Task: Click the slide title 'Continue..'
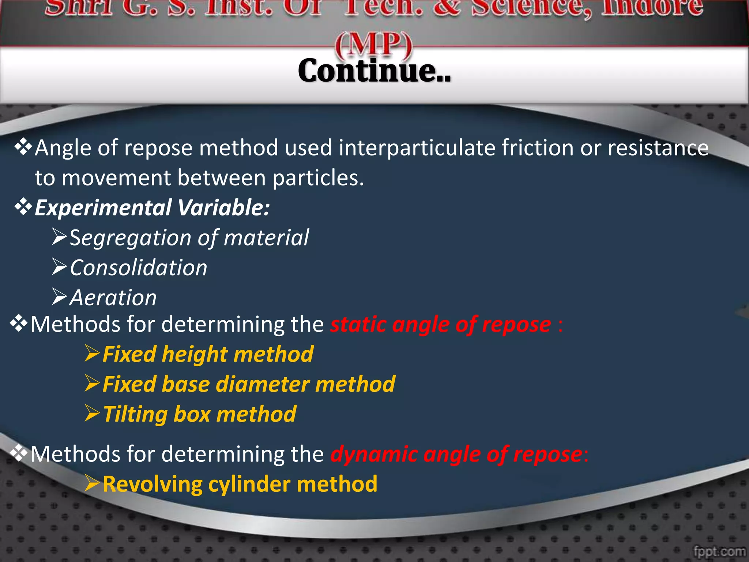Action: (374, 71)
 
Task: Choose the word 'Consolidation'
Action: (139, 268)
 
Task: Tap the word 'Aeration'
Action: (113, 298)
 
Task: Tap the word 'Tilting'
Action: (135, 415)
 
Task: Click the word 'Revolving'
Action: (152, 484)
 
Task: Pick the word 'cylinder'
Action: (249, 484)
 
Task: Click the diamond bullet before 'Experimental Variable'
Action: (23, 207)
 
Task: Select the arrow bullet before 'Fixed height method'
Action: (92, 353)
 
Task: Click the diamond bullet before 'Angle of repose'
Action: (23, 147)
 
